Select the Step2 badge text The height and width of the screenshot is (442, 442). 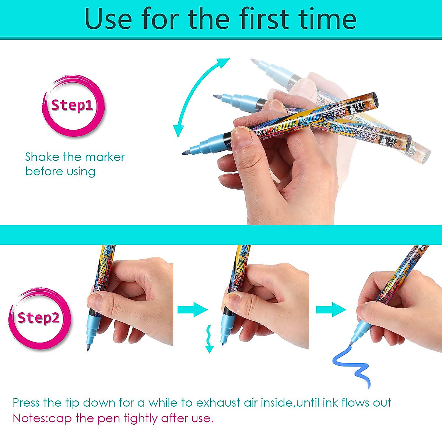tap(38, 318)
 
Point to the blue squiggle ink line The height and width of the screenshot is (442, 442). tap(352, 365)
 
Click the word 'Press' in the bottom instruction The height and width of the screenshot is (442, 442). tap(26, 403)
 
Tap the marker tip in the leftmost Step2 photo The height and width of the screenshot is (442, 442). tap(88, 348)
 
